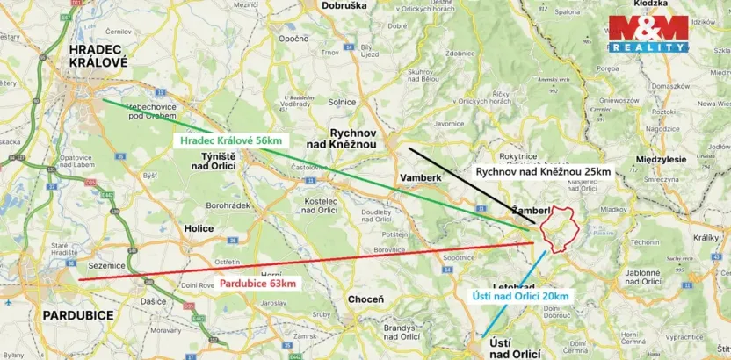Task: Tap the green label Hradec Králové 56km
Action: [230, 140]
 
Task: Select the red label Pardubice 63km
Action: [258, 284]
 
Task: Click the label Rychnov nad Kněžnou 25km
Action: [542, 171]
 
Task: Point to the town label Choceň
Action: [365, 299]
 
